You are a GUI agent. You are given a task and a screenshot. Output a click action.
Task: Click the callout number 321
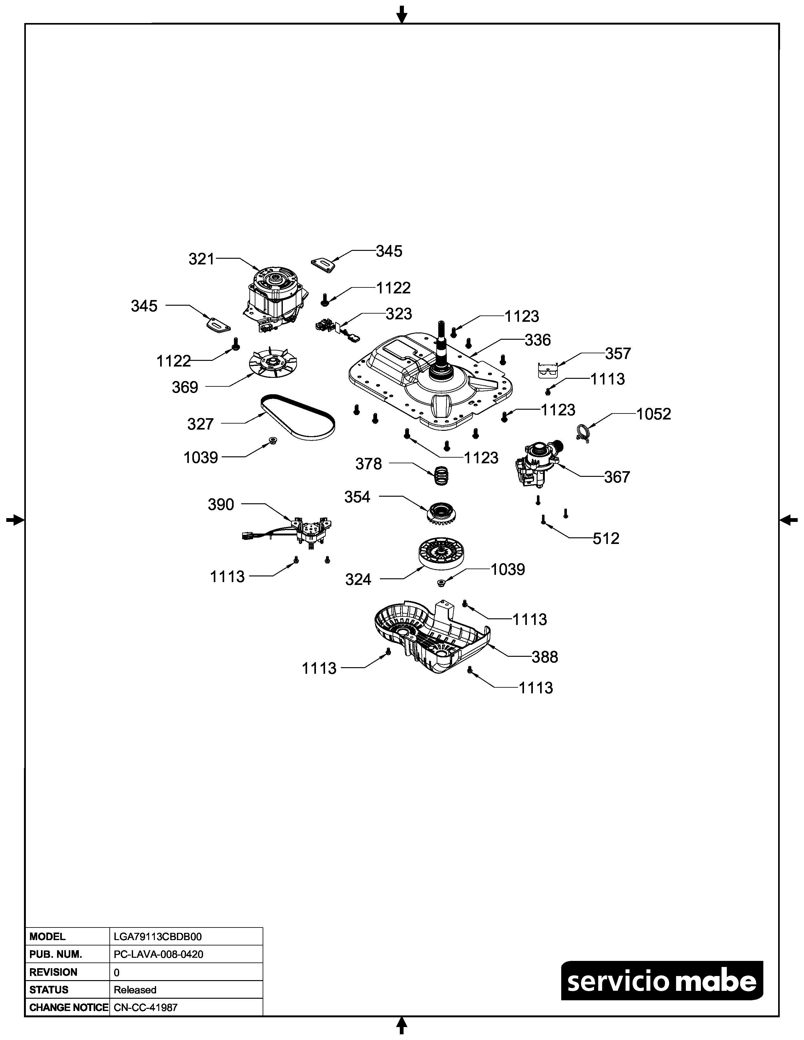pos(201,259)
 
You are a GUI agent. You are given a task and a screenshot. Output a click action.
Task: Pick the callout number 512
pos(606,539)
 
